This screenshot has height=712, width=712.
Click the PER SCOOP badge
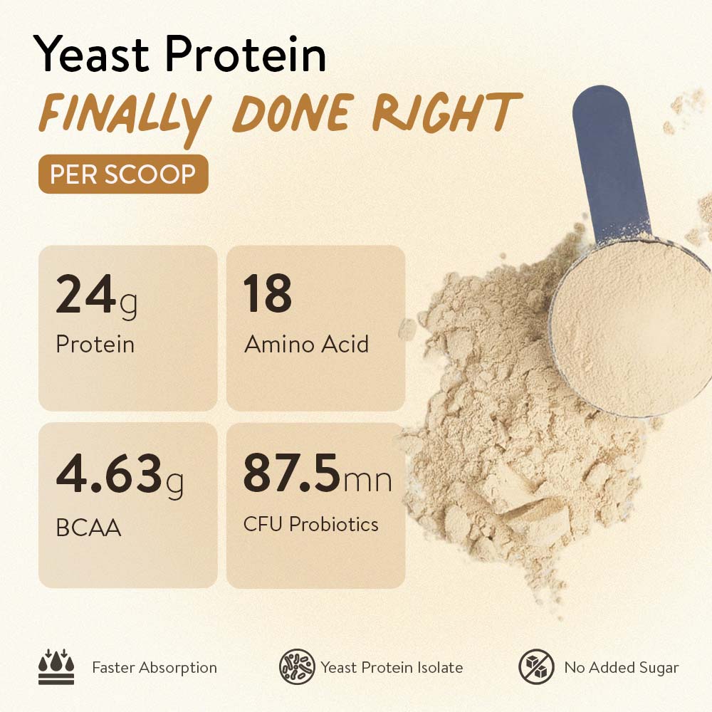click(x=123, y=174)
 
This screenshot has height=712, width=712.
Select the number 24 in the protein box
click(x=86, y=294)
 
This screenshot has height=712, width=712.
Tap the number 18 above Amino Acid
click(x=267, y=293)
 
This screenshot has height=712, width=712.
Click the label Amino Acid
click(x=306, y=344)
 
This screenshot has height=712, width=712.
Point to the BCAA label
click(x=88, y=528)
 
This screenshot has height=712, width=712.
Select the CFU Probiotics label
click(x=310, y=524)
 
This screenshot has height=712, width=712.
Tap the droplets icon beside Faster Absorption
click(x=56, y=666)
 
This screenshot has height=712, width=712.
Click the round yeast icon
click(x=297, y=666)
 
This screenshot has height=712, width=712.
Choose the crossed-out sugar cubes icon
click(x=536, y=666)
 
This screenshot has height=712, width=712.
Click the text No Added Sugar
click(x=621, y=668)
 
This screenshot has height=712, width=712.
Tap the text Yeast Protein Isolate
click(x=392, y=668)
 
